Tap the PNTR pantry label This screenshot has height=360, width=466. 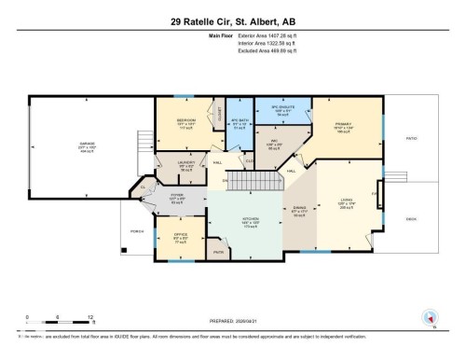pos(220,251)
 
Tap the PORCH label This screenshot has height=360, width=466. pos(136,230)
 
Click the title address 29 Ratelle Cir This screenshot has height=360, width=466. pos(232,21)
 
